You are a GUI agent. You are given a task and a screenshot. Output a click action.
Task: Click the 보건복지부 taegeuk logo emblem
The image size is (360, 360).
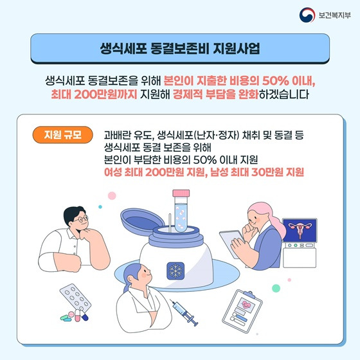[307, 15]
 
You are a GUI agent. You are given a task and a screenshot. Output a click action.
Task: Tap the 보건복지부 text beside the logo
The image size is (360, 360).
[334, 15]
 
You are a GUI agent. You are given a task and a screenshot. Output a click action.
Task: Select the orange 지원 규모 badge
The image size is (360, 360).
[63, 135]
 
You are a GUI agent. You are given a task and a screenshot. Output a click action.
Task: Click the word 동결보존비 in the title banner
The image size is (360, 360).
[180, 48]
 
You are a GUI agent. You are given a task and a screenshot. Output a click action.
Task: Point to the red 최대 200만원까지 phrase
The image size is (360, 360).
[94, 94]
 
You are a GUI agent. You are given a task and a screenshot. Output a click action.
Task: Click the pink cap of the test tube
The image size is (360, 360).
[181, 193]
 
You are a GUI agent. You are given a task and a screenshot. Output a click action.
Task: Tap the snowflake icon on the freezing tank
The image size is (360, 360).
[175, 271]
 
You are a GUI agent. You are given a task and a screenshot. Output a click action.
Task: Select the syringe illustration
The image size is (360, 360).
[184, 312]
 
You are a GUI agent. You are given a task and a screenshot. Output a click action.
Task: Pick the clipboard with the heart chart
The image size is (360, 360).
[242, 311]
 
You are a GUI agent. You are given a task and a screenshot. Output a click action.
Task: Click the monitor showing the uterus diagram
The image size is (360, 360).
[300, 230]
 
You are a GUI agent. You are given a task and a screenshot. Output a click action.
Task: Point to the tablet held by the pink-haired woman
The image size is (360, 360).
[231, 244]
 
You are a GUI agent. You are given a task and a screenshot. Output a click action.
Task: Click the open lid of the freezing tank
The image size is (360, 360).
[142, 221]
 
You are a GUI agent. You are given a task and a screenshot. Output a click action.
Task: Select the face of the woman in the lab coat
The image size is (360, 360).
[143, 275]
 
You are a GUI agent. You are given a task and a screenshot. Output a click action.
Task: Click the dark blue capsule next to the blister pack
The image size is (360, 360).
[84, 318]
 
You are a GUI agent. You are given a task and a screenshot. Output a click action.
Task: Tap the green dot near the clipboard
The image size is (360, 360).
[276, 288]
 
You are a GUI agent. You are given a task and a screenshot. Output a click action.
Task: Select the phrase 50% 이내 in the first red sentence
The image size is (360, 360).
[288, 81]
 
